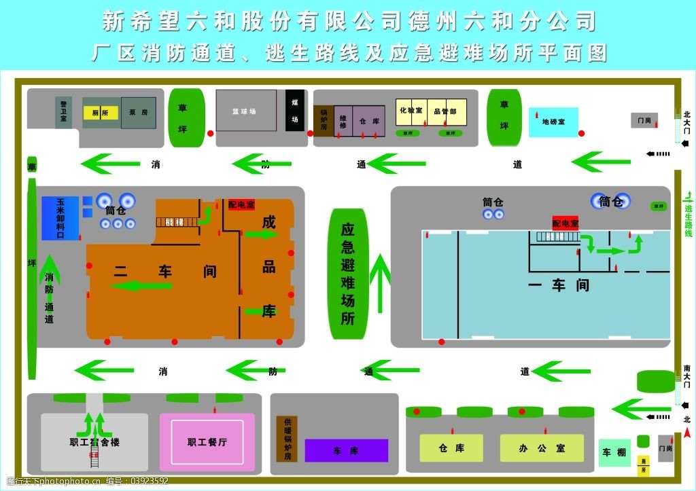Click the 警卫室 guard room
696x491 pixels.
63,112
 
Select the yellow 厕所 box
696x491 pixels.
101,113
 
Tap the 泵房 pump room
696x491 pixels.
139,113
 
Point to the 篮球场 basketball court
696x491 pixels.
246,110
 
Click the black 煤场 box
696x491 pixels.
295,110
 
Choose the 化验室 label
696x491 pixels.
411,110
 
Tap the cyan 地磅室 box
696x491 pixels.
553,122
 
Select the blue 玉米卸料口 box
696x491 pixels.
60,218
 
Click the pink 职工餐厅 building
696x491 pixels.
207,442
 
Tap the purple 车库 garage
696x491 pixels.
346,451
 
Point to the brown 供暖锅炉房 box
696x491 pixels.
287,439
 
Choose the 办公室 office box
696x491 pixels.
542,448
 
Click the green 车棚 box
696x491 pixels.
614,452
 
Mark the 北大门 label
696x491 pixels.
686,122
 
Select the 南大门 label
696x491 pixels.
686,378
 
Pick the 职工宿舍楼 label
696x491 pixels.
94,442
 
